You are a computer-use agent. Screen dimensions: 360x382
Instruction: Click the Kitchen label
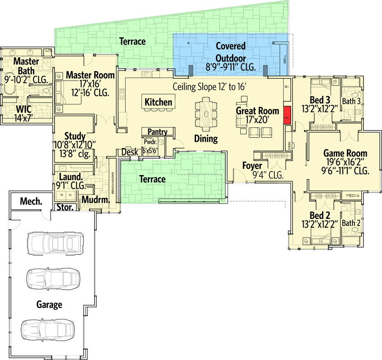158,102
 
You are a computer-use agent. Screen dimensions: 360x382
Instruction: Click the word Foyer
252,165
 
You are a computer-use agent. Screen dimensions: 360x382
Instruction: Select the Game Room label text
346,153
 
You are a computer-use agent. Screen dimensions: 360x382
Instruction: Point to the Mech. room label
31,201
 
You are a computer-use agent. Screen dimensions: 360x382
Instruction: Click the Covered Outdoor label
231,52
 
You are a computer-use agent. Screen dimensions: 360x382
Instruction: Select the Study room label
75,136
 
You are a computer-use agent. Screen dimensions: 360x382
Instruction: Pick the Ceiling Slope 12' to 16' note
210,86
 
